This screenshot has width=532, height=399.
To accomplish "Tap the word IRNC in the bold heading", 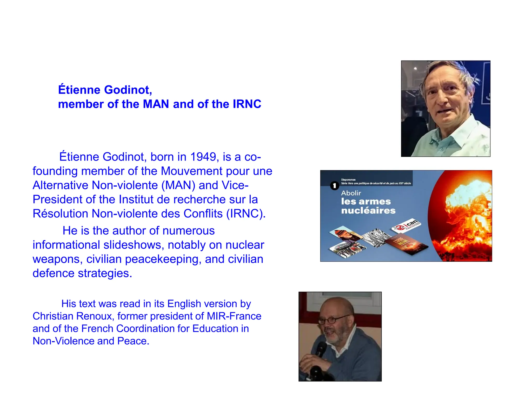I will tap(247, 104).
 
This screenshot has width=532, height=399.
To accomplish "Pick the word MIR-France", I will tap(234, 316).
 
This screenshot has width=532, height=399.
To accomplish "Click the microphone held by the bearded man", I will tap(321, 349).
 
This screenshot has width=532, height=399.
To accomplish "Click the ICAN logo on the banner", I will tap(407, 225).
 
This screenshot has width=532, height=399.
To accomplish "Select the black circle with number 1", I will tap(334, 186).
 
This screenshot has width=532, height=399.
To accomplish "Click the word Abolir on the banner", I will tap(351, 193).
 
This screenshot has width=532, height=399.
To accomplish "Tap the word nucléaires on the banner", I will tap(368, 210).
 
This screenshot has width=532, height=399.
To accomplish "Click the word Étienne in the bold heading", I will tap(79, 90).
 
